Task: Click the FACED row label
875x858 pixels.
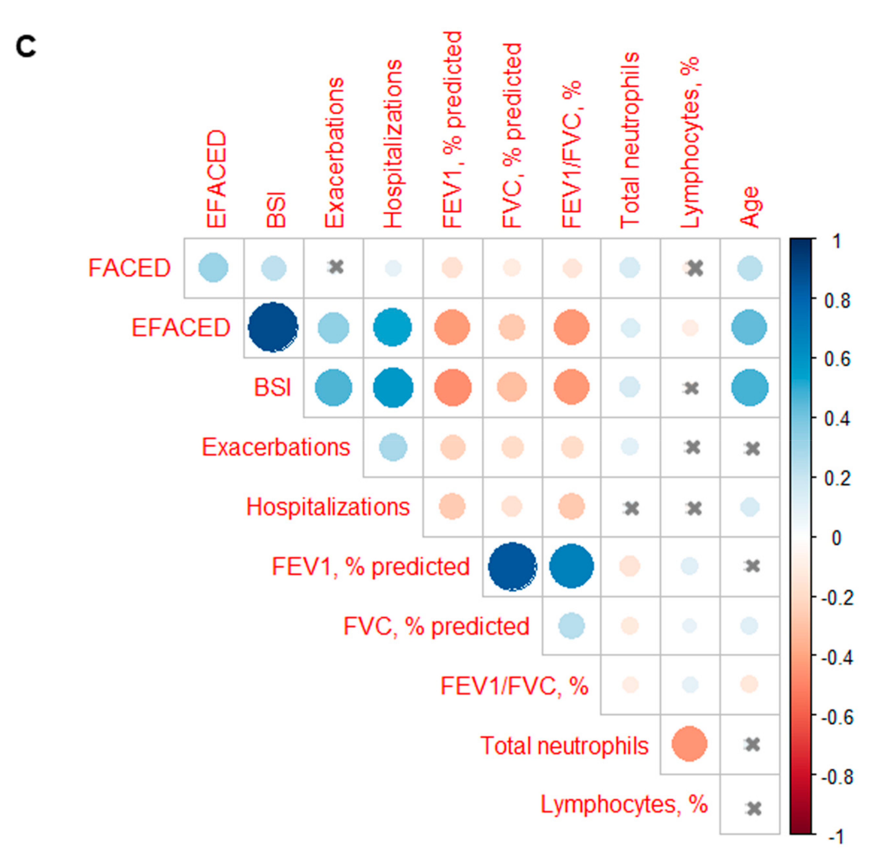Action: tap(129, 268)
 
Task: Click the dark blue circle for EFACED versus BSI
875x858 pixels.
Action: tap(273, 327)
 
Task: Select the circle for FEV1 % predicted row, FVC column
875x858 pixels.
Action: tap(512, 566)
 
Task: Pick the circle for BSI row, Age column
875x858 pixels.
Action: tap(749, 387)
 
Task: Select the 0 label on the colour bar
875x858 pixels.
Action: tap(836, 538)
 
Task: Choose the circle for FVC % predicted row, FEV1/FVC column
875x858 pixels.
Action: tap(571, 626)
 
